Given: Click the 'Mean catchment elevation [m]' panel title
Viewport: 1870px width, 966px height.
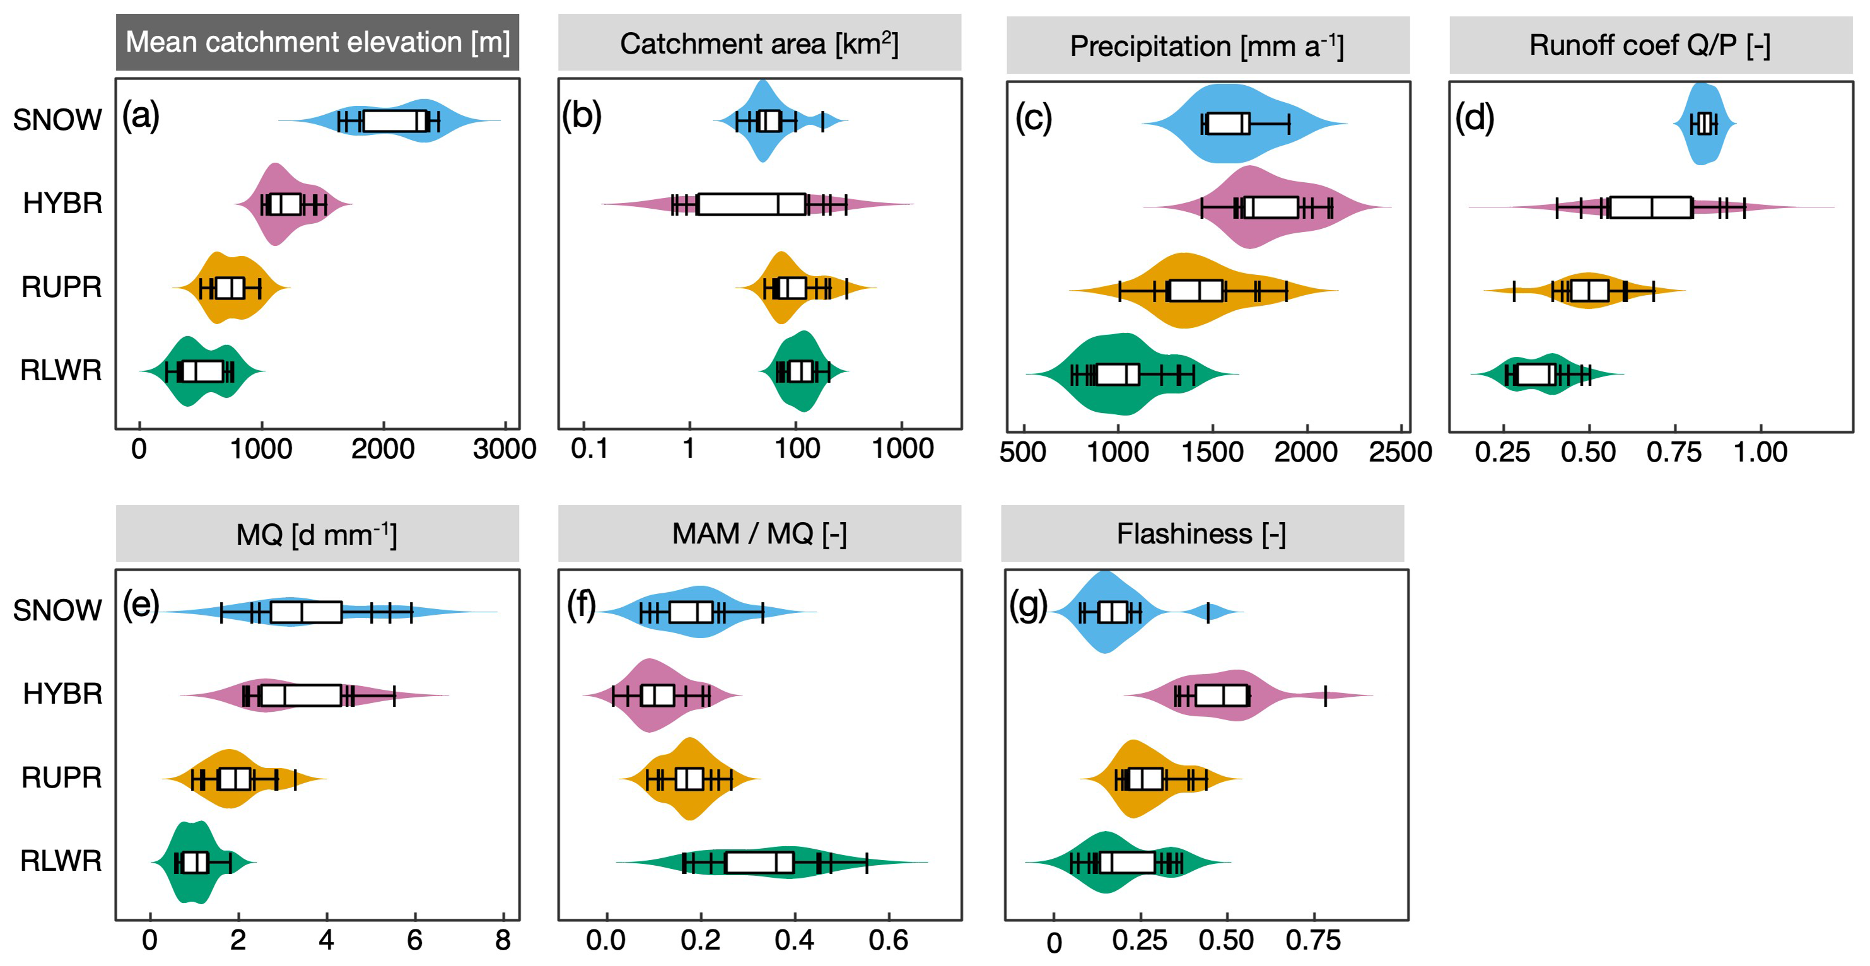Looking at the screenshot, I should point(317,42).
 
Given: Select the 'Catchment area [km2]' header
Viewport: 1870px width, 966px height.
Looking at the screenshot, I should point(759,44).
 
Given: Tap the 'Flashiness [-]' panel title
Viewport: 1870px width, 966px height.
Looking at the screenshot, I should point(1201,534).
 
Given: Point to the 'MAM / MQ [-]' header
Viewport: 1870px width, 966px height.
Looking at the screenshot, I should point(759,533).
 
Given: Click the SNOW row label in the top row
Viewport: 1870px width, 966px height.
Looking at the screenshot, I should point(57,120).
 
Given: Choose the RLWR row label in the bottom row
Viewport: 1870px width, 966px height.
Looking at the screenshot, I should point(61,861).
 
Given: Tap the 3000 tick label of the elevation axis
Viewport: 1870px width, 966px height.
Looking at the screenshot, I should point(504,449).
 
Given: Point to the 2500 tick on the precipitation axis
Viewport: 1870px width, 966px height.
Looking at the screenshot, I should point(1400,452).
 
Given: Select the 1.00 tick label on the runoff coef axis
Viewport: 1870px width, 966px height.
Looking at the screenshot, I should point(1760,452).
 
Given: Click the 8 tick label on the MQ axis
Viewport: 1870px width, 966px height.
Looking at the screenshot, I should point(502,941).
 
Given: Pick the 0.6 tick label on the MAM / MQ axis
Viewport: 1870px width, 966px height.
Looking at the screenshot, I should point(888,941).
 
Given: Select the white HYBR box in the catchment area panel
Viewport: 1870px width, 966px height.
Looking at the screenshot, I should point(751,204).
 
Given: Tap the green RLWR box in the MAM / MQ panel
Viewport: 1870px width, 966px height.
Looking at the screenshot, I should point(759,862).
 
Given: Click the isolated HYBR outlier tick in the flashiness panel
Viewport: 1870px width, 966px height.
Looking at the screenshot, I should point(1325,696).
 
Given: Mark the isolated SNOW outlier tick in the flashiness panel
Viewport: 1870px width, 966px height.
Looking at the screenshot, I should point(1208,612).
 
